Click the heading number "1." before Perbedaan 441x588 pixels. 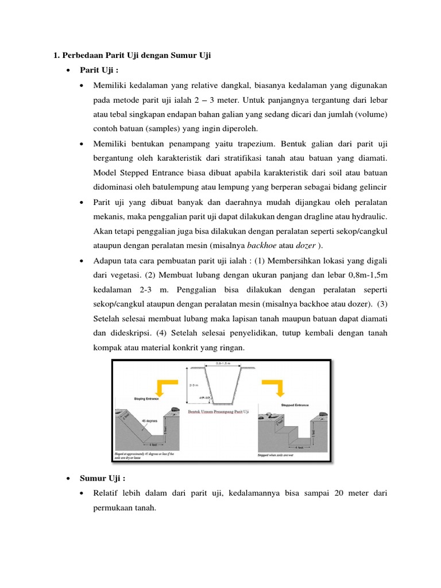(x=56, y=55)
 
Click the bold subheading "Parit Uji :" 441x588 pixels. (x=99, y=70)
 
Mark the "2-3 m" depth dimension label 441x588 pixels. (x=195, y=384)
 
